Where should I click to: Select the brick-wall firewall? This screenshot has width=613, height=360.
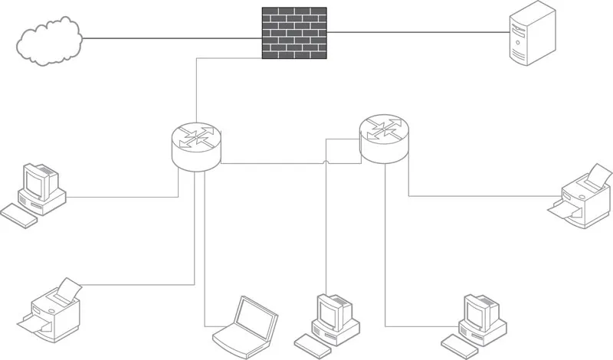point(294,33)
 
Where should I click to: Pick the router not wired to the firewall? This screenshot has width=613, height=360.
point(385,137)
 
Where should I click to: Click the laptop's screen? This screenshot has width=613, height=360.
point(255,315)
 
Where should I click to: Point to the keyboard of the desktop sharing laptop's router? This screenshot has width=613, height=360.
point(18,215)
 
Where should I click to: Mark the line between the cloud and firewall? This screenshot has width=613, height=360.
point(172,36)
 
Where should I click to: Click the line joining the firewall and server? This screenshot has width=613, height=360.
point(418,32)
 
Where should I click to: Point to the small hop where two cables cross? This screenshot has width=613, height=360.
point(327,162)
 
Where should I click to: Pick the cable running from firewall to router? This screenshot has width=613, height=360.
point(197,92)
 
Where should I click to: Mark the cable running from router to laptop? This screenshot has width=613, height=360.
point(205,253)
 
